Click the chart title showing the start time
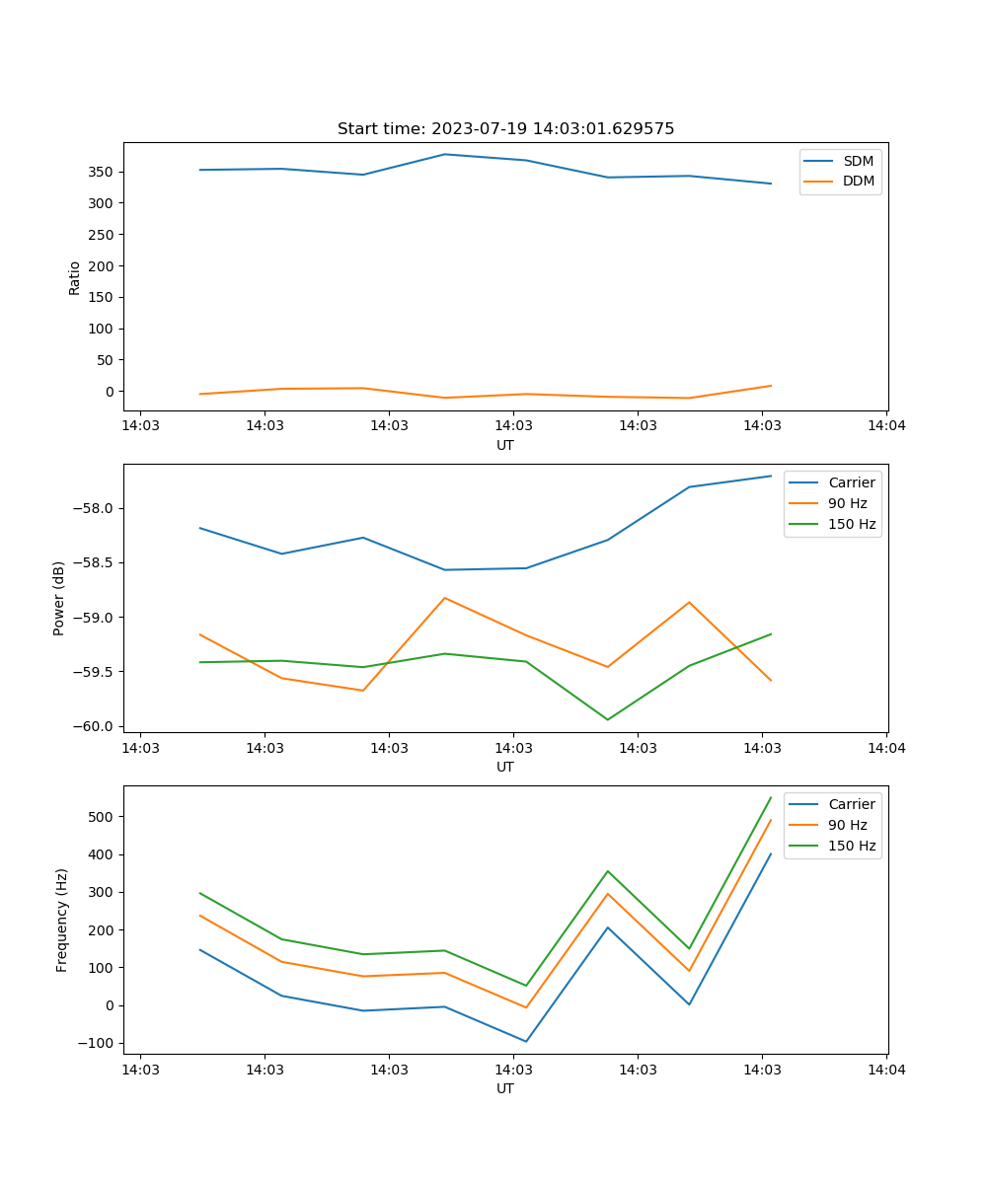coord(505,129)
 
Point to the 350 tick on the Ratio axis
coord(102,172)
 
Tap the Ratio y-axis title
coord(75,277)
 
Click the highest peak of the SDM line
coord(444,154)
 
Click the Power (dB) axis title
coord(59,598)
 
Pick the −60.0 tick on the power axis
coord(95,727)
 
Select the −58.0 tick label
coord(95,508)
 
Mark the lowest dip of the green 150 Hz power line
coord(607,719)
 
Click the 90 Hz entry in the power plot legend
coord(847,503)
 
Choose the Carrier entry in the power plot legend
coord(851,482)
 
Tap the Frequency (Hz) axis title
coord(62,920)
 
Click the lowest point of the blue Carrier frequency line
coord(526,1041)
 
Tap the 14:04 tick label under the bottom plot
coord(885,1070)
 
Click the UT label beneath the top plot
coord(505,445)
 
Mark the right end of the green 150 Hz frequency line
coord(771,797)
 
